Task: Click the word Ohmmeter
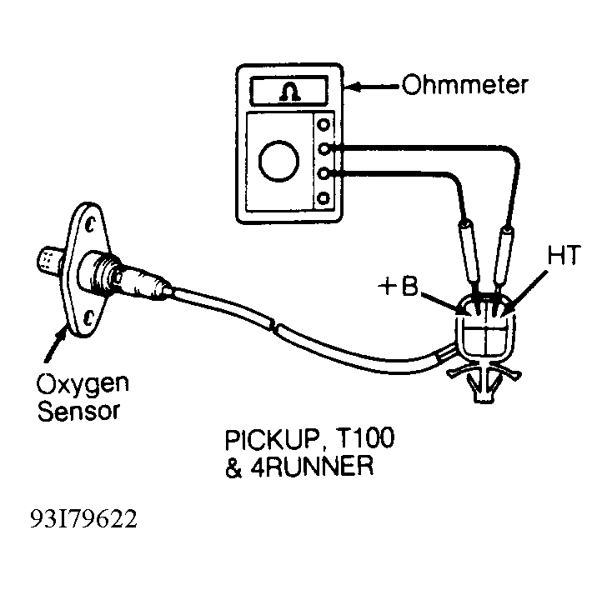(465, 84)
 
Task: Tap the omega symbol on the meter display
(289, 92)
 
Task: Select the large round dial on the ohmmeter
(278, 161)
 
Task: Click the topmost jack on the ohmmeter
(324, 124)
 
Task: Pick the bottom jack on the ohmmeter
(324, 197)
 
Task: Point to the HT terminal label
(564, 255)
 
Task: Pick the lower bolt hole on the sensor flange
(89, 317)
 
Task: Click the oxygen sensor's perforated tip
(49, 258)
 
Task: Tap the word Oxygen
(83, 385)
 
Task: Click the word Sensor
(78, 411)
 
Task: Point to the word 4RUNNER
(312, 466)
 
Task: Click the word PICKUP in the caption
(274, 440)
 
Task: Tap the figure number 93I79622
(84, 520)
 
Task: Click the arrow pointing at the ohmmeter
(372, 87)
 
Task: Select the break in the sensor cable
(273, 325)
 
